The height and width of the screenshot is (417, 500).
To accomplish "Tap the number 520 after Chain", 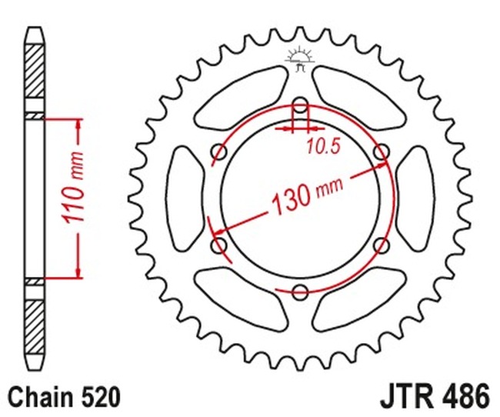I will click(99, 398).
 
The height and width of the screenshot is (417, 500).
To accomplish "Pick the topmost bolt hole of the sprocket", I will click(300, 105).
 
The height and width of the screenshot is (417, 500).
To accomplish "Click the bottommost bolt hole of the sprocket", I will click(300, 290).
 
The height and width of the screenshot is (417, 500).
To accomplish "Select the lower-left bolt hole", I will click(220, 245).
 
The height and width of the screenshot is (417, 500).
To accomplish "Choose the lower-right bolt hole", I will click(380, 245).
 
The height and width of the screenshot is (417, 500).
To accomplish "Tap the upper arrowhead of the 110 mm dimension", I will click(77, 127).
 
